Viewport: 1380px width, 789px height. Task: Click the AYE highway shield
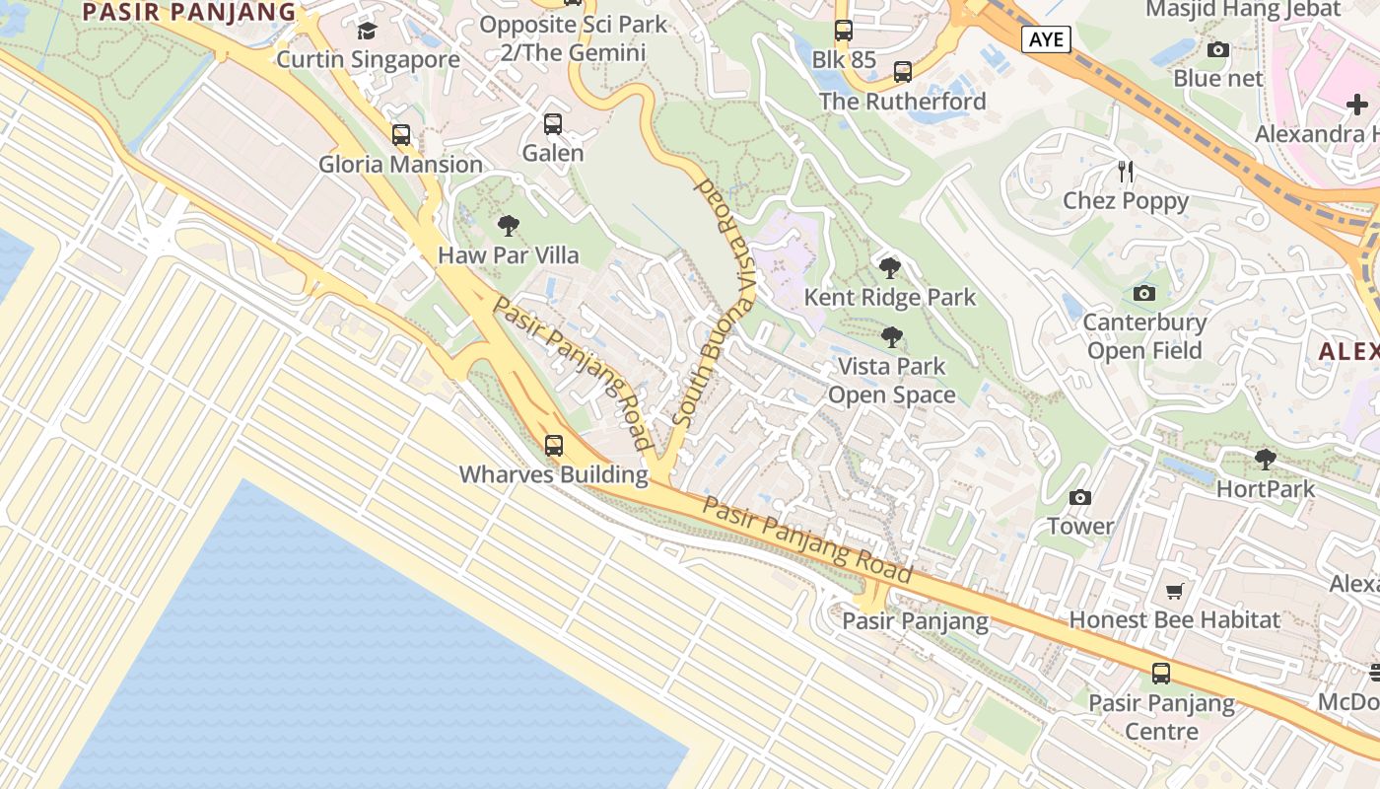click(1046, 39)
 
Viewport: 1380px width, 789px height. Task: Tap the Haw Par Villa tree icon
click(509, 227)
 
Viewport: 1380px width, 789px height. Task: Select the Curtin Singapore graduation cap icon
click(368, 32)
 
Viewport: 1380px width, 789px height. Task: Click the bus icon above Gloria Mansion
click(401, 135)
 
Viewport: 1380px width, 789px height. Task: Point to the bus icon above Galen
click(553, 124)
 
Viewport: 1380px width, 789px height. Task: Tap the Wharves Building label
click(553, 474)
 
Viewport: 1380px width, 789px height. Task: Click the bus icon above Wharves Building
click(554, 446)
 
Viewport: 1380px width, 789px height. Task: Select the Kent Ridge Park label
click(890, 297)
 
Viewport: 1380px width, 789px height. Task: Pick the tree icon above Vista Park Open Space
click(891, 337)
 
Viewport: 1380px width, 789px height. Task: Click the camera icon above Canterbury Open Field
click(1144, 293)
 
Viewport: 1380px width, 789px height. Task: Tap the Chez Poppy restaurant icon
click(1126, 172)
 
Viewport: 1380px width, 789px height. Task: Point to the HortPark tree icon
click(1266, 459)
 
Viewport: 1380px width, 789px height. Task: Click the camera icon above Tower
click(1080, 497)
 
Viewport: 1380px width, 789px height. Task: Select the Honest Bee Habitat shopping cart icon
click(1174, 591)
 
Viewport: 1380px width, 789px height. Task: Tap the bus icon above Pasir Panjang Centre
click(1161, 674)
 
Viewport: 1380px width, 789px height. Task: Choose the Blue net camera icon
click(1218, 49)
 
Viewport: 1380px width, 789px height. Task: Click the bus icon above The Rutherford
click(903, 72)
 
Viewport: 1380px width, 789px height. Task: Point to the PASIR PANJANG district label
click(189, 12)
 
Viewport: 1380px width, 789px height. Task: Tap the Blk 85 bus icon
click(844, 31)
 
